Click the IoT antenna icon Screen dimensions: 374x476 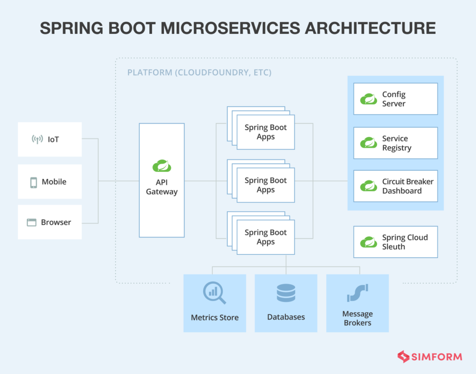tap(37, 139)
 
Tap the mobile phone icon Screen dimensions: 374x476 tap(33, 182)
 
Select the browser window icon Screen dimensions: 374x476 tap(32, 222)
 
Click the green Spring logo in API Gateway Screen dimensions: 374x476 tap(162, 166)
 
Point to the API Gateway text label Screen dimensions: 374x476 tap(162, 187)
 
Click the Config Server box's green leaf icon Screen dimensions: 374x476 tap(369, 99)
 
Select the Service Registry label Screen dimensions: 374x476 tap(397, 143)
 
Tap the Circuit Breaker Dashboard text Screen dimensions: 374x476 tap(407, 186)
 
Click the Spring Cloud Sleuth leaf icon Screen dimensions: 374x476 tap(369, 242)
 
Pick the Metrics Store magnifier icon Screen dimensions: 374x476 tap(214, 293)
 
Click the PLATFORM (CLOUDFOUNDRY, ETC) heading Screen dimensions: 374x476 tap(199, 73)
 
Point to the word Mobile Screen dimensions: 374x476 tap(54, 182)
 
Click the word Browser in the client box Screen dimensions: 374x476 tap(56, 222)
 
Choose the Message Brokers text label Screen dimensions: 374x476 tap(357, 318)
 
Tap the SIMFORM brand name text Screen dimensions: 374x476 tap(437, 357)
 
